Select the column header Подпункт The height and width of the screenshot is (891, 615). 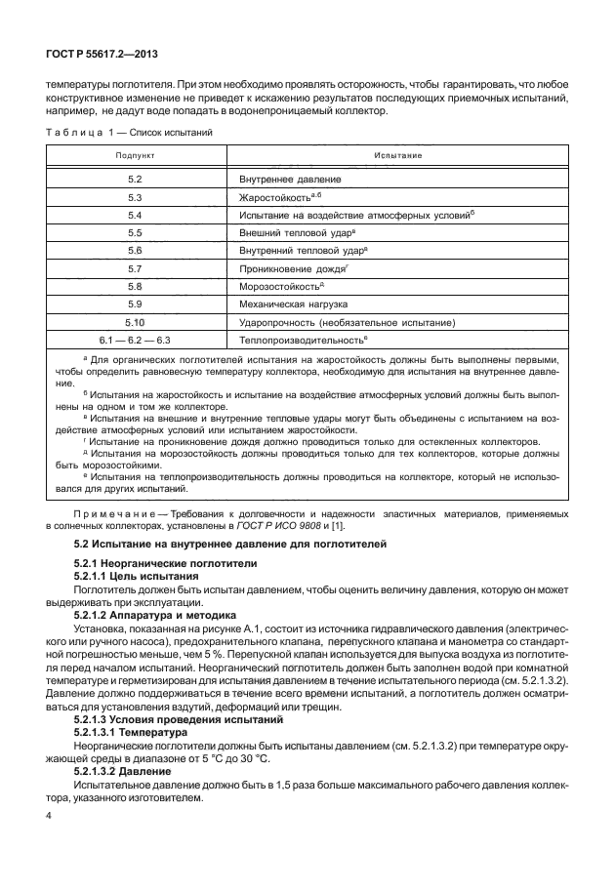pyautogui.click(x=135, y=155)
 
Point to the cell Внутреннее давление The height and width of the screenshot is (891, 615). pyautogui.click(x=290, y=181)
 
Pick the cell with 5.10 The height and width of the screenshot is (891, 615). pyautogui.click(x=135, y=321)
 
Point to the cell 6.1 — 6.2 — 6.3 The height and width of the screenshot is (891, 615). pyautogui.click(x=135, y=339)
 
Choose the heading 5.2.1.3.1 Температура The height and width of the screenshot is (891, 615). pyautogui.click(x=137, y=730)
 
